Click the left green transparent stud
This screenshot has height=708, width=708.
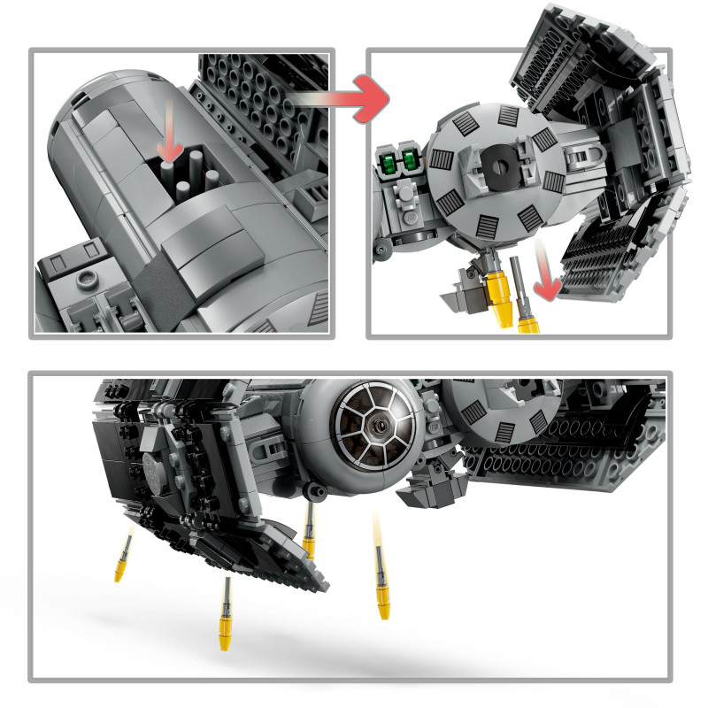(x=391, y=160)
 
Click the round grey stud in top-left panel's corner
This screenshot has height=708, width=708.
(x=88, y=280)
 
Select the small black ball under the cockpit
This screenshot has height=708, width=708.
(x=309, y=489)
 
